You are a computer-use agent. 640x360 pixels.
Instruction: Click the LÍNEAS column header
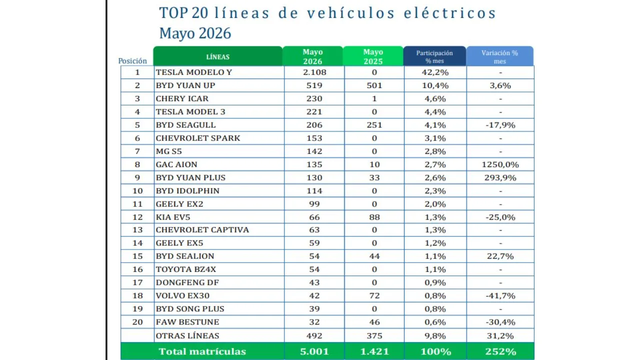(x=217, y=57)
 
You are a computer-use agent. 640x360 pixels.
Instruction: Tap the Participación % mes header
(x=434, y=57)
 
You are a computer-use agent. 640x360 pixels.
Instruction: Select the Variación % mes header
(x=499, y=57)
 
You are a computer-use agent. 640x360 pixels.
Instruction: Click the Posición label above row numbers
(x=132, y=61)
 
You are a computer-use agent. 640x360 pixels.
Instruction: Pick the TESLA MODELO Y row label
(x=194, y=72)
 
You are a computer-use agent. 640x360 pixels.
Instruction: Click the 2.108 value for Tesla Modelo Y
(x=314, y=72)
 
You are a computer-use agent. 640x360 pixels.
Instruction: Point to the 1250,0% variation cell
(x=500, y=164)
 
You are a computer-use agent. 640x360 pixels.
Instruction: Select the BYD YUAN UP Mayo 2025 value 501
(x=374, y=85)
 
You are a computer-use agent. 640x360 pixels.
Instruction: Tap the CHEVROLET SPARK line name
(x=198, y=138)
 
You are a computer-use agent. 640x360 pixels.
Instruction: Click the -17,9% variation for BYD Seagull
(x=500, y=125)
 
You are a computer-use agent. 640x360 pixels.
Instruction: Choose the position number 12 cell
(x=137, y=217)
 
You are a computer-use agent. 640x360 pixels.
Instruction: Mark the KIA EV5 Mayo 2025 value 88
(x=374, y=217)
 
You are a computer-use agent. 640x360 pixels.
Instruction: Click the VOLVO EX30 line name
(x=182, y=295)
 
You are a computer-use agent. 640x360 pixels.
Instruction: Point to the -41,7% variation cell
(x=500, y=295)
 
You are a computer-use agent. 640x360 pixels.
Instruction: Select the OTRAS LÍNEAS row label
(x=187, y=335)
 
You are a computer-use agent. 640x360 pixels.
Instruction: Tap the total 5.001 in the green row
(x=314, y=351)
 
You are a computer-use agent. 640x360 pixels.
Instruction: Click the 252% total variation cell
(x=500, y=351)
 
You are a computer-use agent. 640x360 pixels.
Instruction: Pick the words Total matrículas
(x=202, y=351)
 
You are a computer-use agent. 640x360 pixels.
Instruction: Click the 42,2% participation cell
(x=435, y=72)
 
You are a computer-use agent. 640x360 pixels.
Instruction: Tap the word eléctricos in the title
(x=449, y=13)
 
